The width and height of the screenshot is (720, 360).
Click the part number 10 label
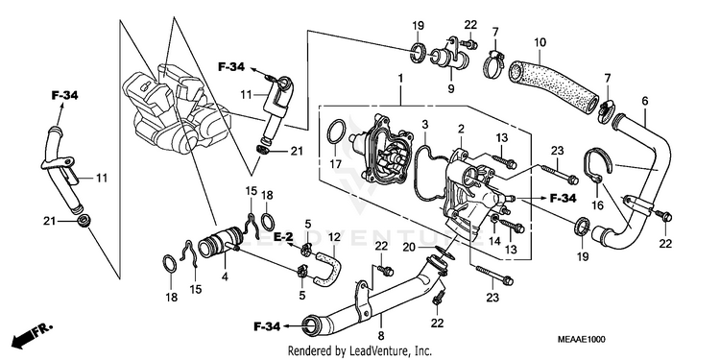point(540,43)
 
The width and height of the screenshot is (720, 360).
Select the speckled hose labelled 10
point(553,84)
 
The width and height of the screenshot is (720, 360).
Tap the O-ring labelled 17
point(337,132)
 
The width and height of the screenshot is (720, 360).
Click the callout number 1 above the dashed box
point(400,79)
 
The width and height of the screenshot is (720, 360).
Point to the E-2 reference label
point(283,237)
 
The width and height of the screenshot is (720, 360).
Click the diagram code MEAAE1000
point(582,339)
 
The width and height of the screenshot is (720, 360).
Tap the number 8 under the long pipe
point(381,335)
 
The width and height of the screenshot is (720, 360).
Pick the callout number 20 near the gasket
point(410,248)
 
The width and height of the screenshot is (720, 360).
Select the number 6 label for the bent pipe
point(645,101)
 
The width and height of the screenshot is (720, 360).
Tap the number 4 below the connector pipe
point(226,277)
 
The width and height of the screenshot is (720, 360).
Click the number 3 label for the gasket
point(425,124)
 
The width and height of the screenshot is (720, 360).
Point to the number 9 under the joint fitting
point(451,88)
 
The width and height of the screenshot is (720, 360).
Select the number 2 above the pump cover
point(461,129)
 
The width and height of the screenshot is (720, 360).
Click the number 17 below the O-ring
point(336,162)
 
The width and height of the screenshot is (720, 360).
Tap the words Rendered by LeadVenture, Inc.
point(360,351)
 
